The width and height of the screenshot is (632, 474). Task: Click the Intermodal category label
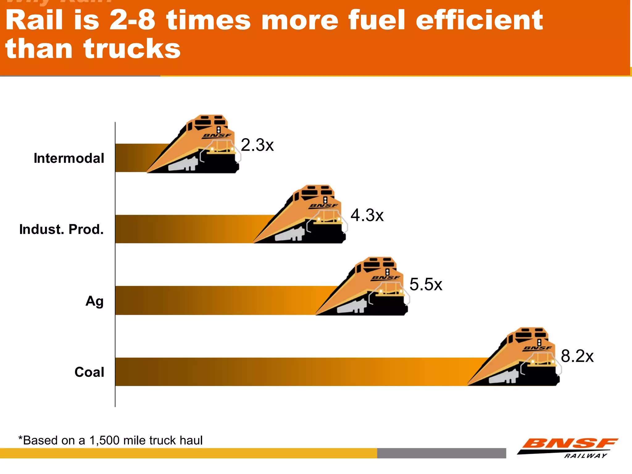pos(69,158)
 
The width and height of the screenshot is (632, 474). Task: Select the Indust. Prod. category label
pos(61,230)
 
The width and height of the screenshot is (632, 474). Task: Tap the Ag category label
pos(94,301)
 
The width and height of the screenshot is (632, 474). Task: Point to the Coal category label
pos(89,372)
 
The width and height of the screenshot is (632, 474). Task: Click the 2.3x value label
pos(257,145)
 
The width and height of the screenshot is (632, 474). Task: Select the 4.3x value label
pos(367,215)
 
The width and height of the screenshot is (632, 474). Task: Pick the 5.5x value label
pos(426,284)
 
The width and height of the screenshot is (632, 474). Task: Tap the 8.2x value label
pos(577,356)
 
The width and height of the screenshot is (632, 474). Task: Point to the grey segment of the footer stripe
pos(441,453)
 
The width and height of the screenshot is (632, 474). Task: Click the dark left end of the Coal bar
pos(130,372)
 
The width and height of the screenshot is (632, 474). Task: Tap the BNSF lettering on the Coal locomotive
pos(537,348)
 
